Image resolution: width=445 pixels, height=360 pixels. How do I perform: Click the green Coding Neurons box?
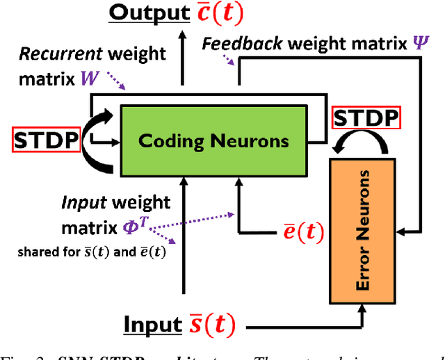pyautogui.click(x=213, y=141)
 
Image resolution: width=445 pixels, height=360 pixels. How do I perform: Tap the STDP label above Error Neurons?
pyautogui.click(x=366, y=119)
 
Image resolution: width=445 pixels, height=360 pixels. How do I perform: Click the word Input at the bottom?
pyautogui.click(x=153, y=325)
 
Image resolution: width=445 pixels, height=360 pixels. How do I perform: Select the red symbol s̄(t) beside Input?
pyautogui.click(x=211, y=325)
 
